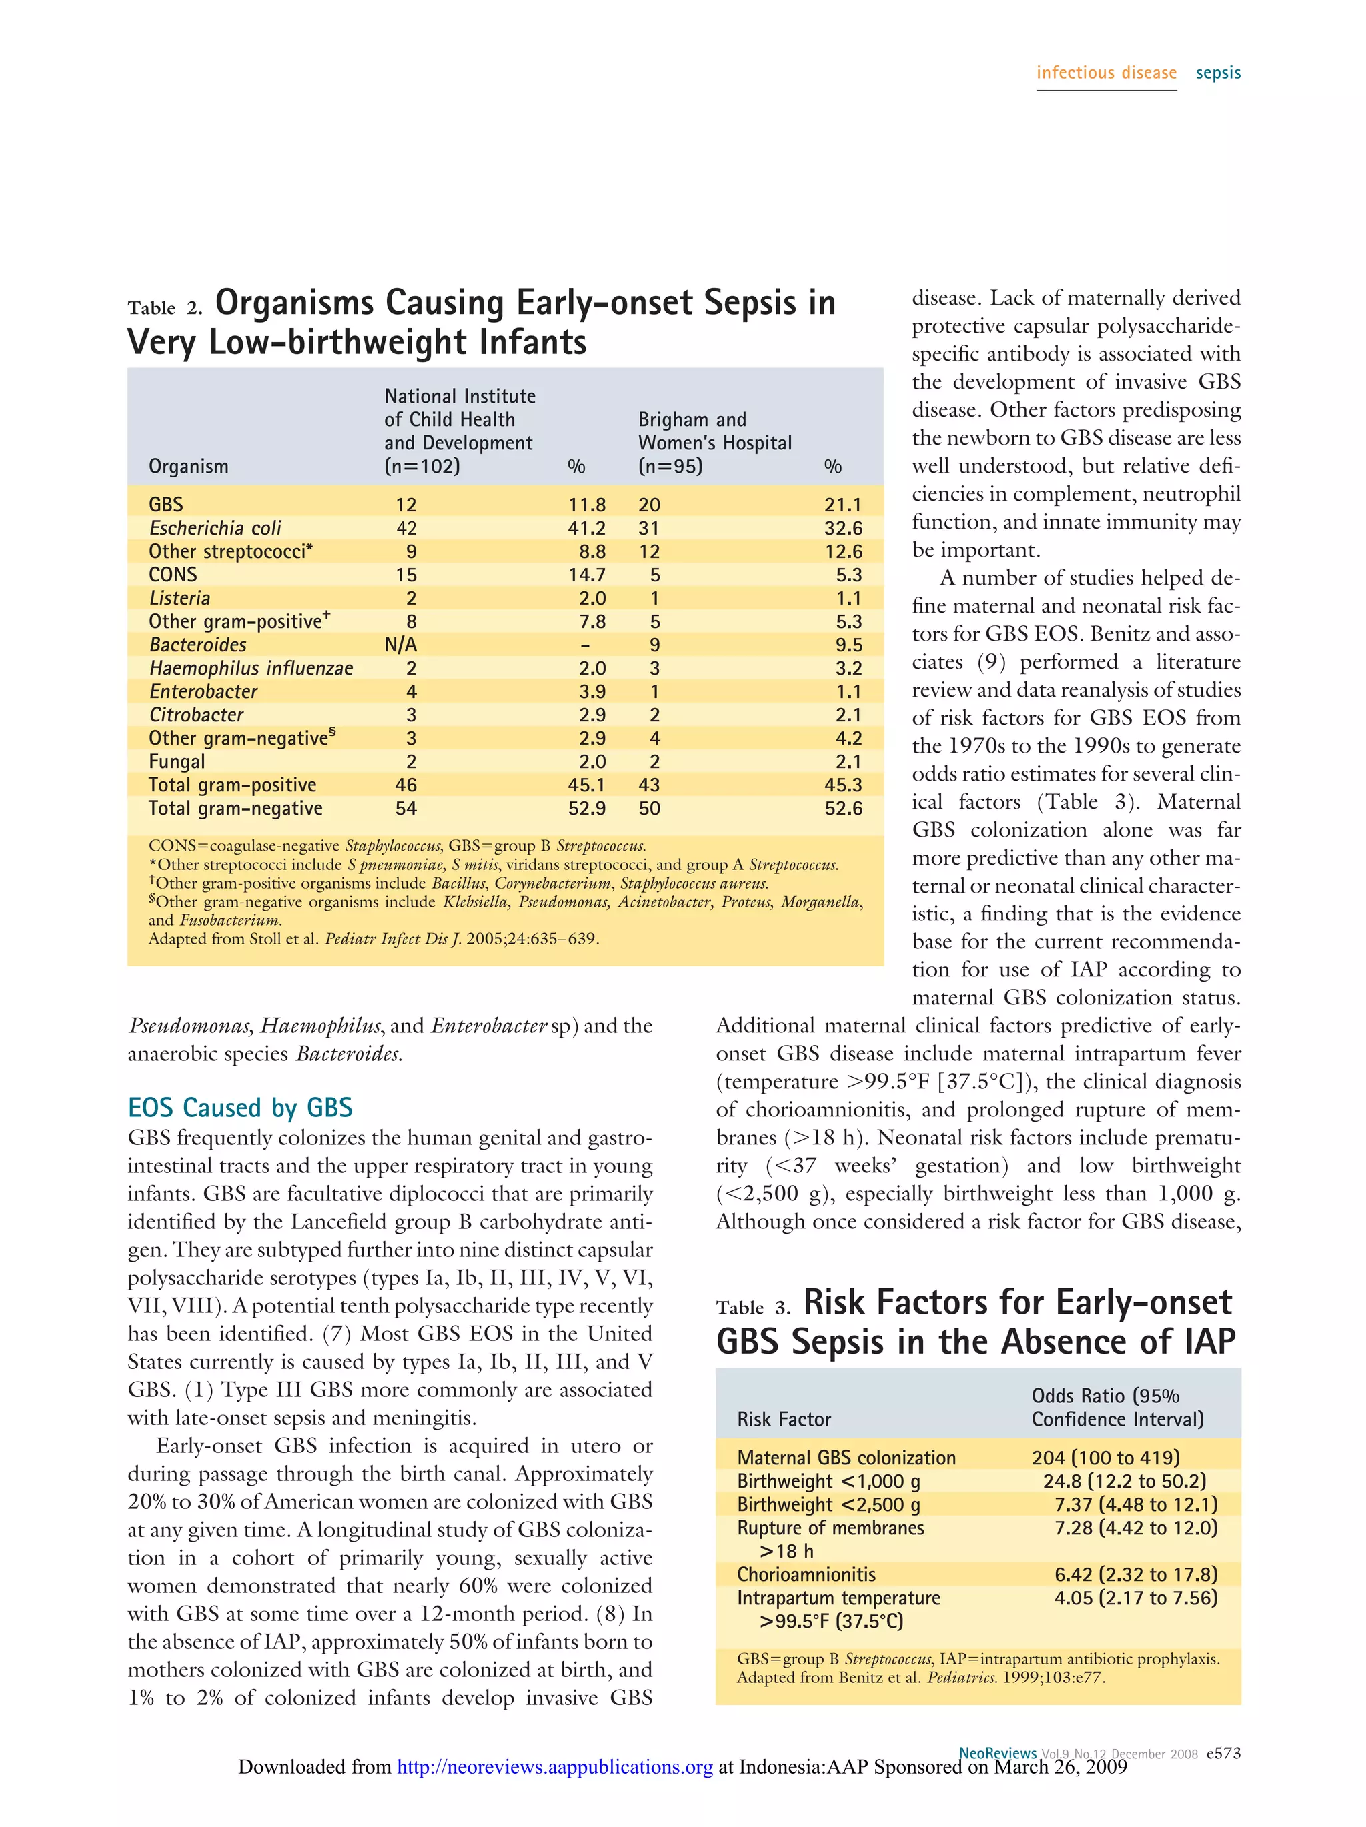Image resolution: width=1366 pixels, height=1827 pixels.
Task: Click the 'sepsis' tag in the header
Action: [1217, 73]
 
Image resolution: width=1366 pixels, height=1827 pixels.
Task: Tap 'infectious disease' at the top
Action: [1106, 73]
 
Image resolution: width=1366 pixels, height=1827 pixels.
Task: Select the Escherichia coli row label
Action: [215, 528]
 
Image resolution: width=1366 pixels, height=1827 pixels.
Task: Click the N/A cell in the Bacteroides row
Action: [401, 645]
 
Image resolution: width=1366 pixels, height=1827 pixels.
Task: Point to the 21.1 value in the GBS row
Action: [843, 505]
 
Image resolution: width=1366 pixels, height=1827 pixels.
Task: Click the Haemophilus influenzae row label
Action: [250, 668]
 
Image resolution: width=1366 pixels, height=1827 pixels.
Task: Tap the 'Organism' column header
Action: [188, 467]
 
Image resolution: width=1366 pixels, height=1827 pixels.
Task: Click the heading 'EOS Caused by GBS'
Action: [239, 1108]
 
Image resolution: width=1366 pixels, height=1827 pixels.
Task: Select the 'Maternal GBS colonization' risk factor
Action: [846, 1458]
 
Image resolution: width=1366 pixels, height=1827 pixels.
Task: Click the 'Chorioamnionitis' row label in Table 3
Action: [806, 1574]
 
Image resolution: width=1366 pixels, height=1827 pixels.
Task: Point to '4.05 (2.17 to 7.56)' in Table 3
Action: [1135, 1598]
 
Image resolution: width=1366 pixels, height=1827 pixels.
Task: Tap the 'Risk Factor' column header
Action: [784, 1419]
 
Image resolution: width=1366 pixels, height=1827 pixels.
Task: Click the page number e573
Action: [1223, 1752]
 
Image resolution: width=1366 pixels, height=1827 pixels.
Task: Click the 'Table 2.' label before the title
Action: [165, 308]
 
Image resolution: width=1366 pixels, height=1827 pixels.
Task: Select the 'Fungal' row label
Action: [177, 761]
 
